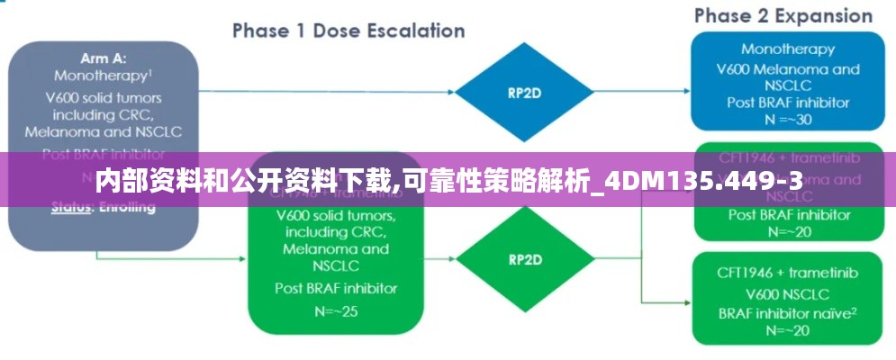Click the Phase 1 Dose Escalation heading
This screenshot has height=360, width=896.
[348, 31]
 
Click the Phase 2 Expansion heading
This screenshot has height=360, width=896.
[783, 16]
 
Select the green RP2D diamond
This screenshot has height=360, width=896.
[524, 259]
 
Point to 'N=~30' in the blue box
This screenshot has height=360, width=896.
[788, 120]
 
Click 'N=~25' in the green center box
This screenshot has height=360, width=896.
[336, 310]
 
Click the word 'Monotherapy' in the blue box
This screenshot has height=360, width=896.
[788, 49]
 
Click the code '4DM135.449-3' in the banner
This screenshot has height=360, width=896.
[703, 183]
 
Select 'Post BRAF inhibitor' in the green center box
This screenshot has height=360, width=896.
[336, 288]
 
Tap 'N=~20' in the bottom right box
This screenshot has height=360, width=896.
[788, 330]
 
